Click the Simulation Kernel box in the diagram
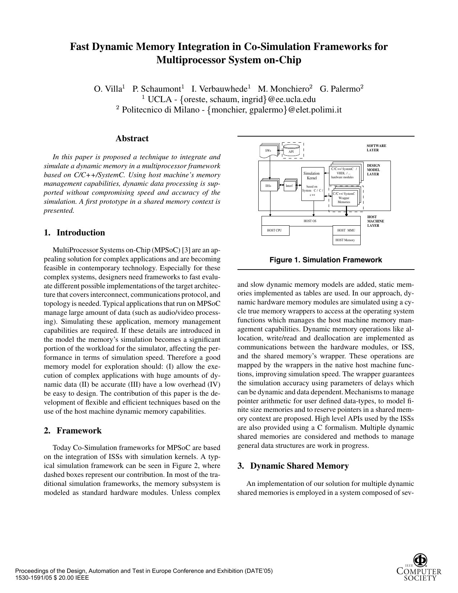[x=311, y=184]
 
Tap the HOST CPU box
[x=275, y=230]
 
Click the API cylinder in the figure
[x=291, y=150]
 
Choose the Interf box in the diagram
[x=289, y=186]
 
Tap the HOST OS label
[x=310, y=221]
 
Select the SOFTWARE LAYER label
[x=376, y=148]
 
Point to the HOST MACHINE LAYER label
[x=375, y=221]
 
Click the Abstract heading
[x=132, y=139]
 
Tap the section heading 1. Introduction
[x=74, y=233]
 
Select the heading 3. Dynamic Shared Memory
[x=293, y=466]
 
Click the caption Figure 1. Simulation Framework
[x=326, y=260]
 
